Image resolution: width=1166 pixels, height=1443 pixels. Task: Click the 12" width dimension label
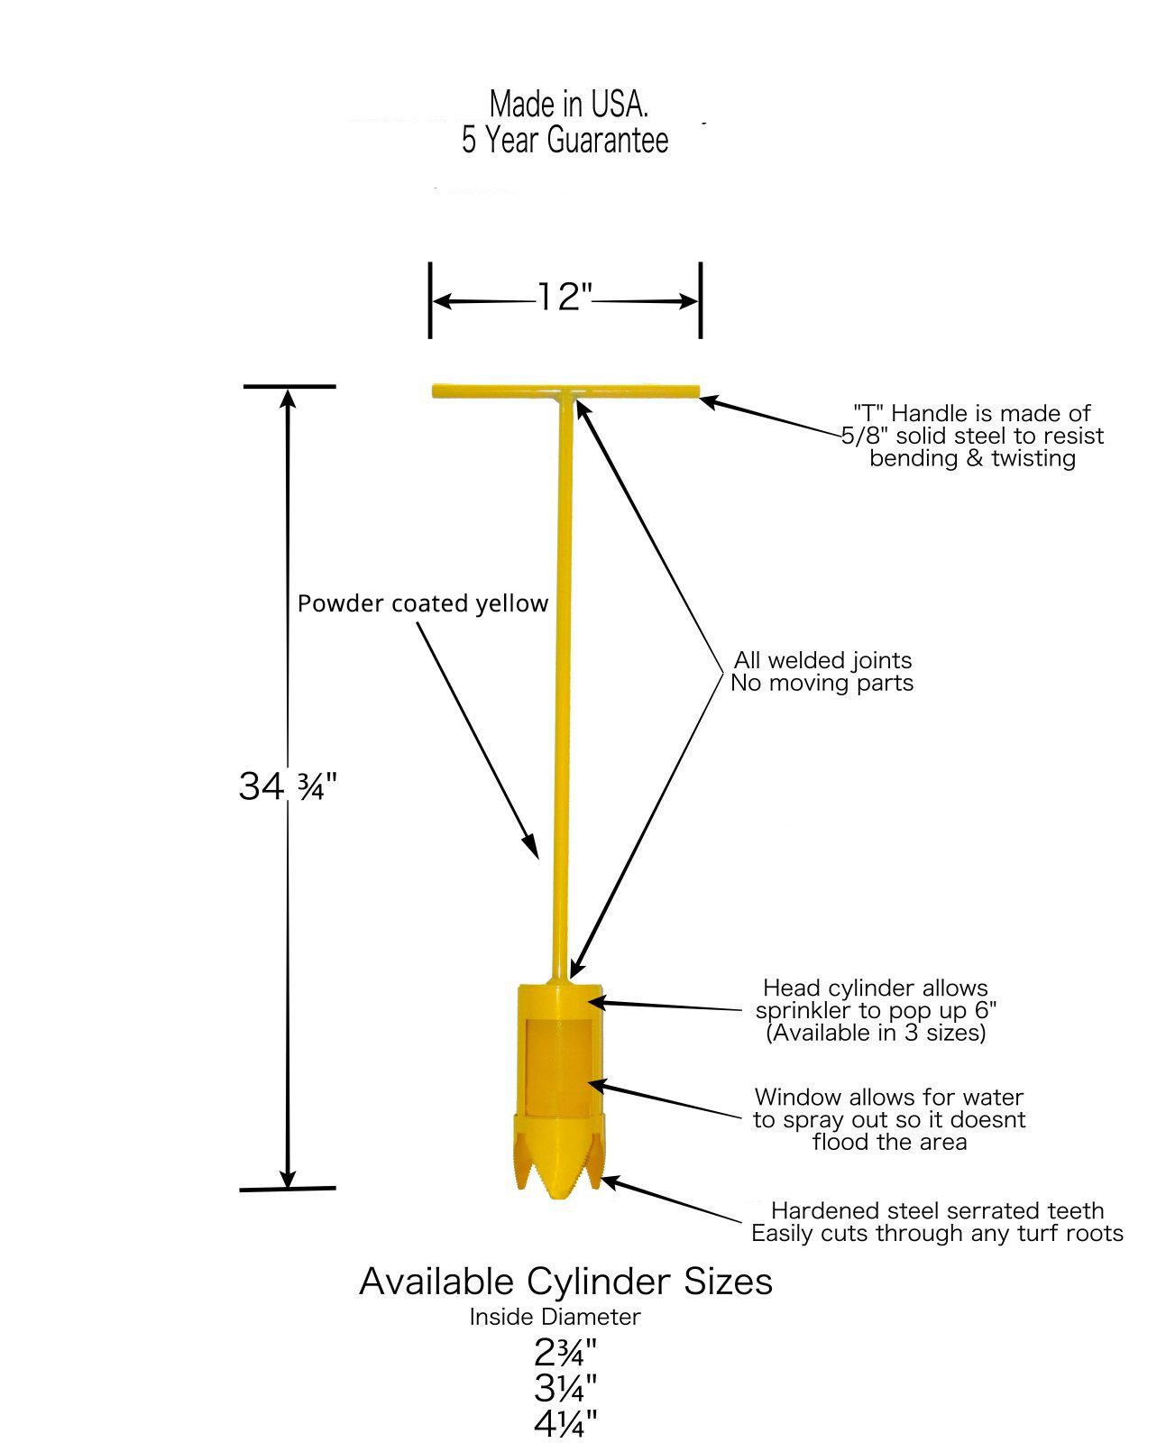pos(564,297)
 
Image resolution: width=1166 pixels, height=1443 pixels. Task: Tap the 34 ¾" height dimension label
pos(287,786)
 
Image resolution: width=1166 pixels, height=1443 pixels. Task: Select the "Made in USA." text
pos(568,105)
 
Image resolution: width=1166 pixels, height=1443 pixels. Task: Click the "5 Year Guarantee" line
pos(565,141)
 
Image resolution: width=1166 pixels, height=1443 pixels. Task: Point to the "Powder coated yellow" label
pos(423,603)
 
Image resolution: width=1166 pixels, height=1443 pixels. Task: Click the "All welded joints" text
pos(822,660)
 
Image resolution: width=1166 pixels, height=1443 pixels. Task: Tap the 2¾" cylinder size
pos(565,1352)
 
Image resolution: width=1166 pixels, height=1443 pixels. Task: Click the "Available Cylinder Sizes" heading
pos(565,1282)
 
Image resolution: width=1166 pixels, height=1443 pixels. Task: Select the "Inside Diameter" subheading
pos(555,1317)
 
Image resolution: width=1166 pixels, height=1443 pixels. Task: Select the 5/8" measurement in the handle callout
pos(859,437)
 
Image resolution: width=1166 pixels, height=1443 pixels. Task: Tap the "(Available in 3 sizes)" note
pos(876,1033)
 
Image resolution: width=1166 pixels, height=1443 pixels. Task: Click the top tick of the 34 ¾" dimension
pos(289,386)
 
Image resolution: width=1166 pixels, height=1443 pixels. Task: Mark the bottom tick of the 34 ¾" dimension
pos(288,1190)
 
